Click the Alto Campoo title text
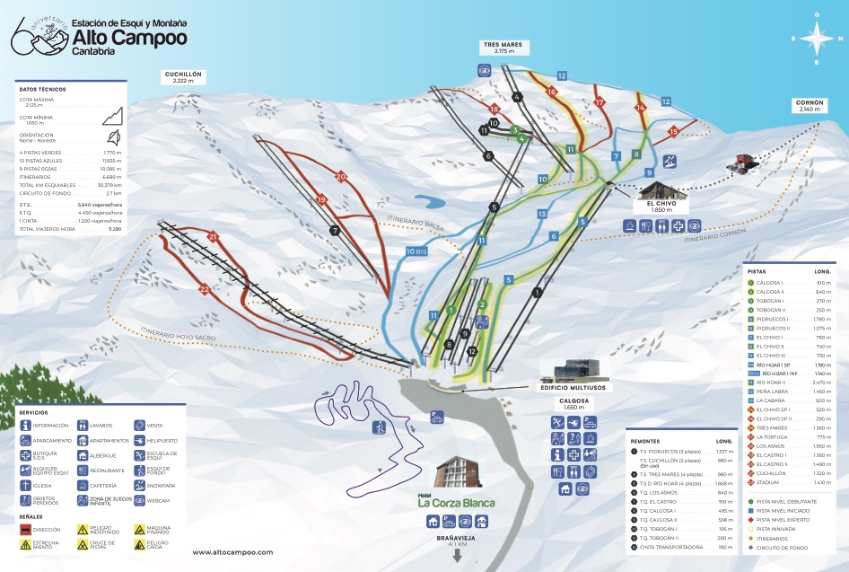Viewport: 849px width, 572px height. pyautogui.click(x=129, y=38)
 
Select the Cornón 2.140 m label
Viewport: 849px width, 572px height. pyautogui.click(x=809, y=106)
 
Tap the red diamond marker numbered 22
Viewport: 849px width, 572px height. pyautogui.click(x=205, y=288)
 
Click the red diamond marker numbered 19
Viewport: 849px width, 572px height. pyautogui.click(x=322, y=199)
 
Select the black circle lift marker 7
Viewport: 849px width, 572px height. pyautogui.click(x=335, y=230)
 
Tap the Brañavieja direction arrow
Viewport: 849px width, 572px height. pyautogui.click(x=457, y=555)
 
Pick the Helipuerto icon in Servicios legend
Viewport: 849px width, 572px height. pyautogui.click(x=139, y=440)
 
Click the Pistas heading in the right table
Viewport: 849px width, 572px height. pyautogui.click(x=757, y=270)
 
